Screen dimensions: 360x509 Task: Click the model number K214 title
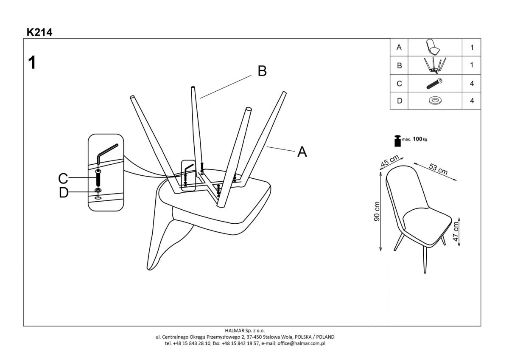[39, 32]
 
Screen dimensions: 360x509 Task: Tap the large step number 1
[32, 63]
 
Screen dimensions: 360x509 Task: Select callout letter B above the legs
[262, 71]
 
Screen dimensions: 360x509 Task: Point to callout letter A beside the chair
[302, 152]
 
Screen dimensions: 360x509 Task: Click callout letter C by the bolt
[63, 178]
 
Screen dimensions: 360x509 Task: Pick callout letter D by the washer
[64, 193]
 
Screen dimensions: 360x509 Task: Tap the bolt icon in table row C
[434, 84]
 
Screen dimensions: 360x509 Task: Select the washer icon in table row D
[434, 101]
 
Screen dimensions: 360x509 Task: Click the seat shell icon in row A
[434, 47]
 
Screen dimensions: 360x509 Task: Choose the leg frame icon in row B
[434, 65]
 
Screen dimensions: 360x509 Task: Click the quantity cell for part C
[472, 84]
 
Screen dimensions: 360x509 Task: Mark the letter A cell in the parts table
[399, 48]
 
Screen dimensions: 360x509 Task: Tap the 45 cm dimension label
[390, 161]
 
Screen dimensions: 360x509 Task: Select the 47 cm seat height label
[456, 231]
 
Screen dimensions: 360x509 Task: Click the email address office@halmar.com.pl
[301, 343]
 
